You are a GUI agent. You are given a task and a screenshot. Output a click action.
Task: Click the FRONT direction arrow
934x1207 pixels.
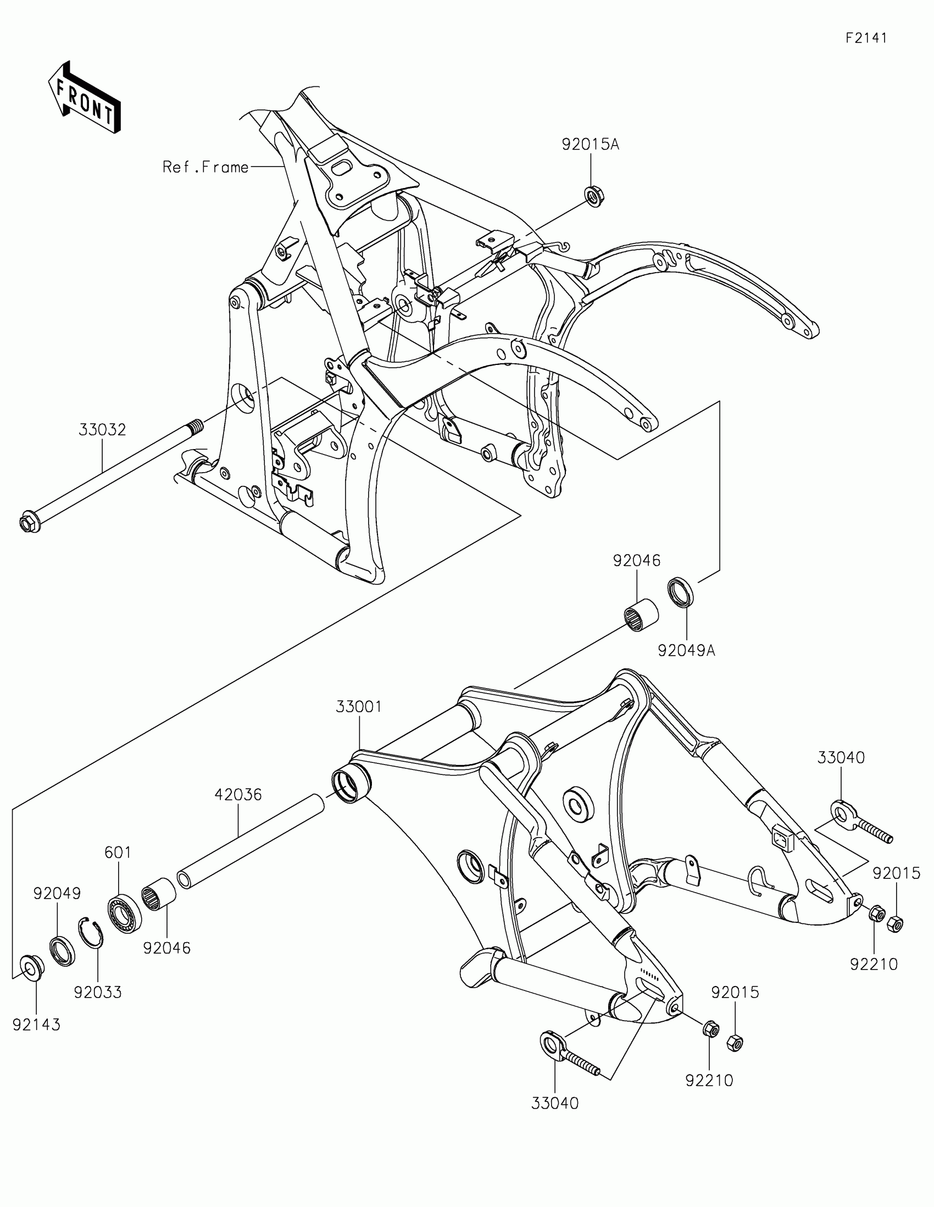coord(85,98)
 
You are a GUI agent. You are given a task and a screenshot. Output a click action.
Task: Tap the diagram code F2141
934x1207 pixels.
coord(866,38)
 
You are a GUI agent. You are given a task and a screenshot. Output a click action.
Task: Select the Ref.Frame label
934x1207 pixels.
coord(205,167)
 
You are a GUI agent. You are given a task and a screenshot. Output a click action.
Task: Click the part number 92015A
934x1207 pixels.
coord(591,145)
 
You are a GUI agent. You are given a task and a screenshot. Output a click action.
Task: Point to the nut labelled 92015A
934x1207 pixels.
coord(594,196)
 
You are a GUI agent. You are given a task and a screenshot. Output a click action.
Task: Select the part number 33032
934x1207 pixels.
coord(102,429)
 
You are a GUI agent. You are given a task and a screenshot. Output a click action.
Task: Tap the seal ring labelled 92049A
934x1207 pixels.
coord(682,593)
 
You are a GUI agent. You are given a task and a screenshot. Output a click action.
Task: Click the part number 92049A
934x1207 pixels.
coord(686,651)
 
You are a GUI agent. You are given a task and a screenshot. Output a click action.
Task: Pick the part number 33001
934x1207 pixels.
coord(359,707)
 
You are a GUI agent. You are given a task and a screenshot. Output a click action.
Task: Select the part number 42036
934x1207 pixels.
coord(238,795)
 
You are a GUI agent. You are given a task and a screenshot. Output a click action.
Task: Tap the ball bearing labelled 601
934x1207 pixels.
coord(124,913)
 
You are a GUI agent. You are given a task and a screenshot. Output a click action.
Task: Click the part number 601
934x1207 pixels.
coord(118,852)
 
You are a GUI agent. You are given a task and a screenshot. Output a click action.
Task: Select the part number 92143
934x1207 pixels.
coord(36,1025)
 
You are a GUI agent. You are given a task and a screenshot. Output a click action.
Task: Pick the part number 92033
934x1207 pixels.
coord(98,992)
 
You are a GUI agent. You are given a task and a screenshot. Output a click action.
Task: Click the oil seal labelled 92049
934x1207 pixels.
coord(63,951)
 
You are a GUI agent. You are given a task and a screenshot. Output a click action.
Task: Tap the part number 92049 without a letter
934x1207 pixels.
coord(57,894)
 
